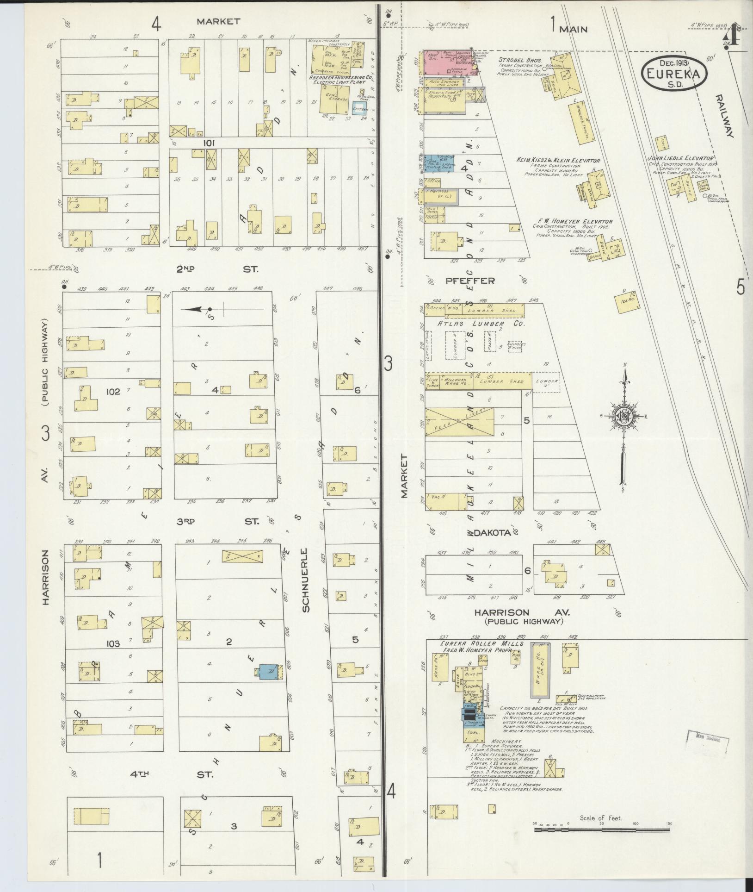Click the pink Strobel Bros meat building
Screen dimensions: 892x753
[x=446, y=62]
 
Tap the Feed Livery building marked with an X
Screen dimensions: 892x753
[x=459, y=421]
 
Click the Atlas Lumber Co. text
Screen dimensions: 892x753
[x=481, y=324]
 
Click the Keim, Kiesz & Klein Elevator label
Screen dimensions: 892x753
[x=558, y=160]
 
